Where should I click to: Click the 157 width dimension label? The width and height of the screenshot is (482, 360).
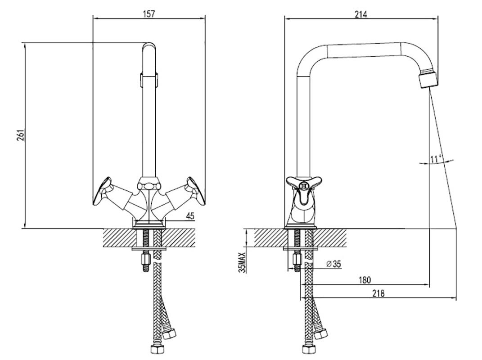pyautogui.click(x=149, y=13)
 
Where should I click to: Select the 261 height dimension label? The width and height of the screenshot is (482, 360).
pyautogui.click(x=20, y=135)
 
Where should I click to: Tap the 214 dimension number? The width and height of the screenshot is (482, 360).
pyautogui.click(x=361, y=14)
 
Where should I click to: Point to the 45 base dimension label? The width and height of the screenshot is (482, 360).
pyautogui.click(x=190, y=216)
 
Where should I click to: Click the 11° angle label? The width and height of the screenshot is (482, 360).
pyautogui.click(x=436, y=159)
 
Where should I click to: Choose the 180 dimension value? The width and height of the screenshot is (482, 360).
pyautogui.click(x=365, y=280)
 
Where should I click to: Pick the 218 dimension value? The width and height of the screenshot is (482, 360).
pyautogui.click(x=378, y=293)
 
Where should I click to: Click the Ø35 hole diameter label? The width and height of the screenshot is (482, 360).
pyautogui.click(x=333, y=264)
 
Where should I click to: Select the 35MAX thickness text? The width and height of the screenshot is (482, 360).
pyautogui.click(x=242, y=262)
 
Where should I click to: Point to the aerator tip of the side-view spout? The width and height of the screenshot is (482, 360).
pyautogui.click(x=428, y=79)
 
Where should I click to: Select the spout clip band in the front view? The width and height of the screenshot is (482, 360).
pyautogui.click(x=149, y=80)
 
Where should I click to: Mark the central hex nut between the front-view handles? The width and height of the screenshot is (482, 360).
pyautogui.click(x=149, y=186)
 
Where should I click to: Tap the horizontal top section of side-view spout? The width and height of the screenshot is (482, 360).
pyautogui.click(x=364, y=51)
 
